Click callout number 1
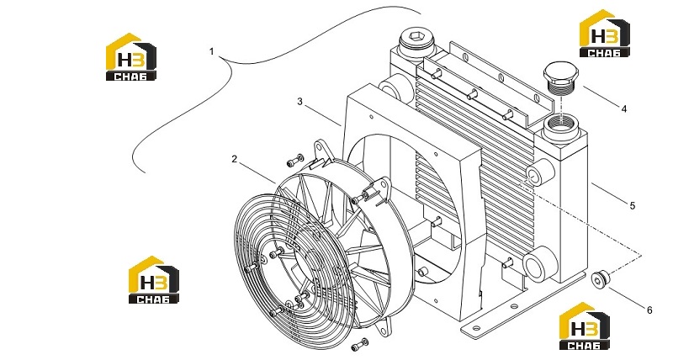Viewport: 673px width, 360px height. (x=211, y=52)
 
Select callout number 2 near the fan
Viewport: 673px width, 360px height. (x=234, y=159)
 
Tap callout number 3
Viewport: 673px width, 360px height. (x=299, y=102)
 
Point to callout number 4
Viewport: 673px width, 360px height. (x=624, y=109)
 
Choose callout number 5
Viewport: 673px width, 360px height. (x=633, y=205)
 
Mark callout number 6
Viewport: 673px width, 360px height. (x=649, y=310)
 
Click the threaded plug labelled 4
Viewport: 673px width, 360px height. (x=561, y=79)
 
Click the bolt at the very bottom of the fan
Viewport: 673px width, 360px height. (x=360, y=345)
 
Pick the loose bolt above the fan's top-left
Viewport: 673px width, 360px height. (x=295, y=161)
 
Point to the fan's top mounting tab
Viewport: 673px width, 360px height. (x=321, y=151)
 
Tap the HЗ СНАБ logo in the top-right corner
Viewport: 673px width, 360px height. (x=604, y=33)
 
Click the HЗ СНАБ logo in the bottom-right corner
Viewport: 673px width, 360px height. (x=584, y=326)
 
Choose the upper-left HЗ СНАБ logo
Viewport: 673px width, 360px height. (x=131, y=56)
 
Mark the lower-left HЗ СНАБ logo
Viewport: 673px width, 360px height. (x=154, y=280)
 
